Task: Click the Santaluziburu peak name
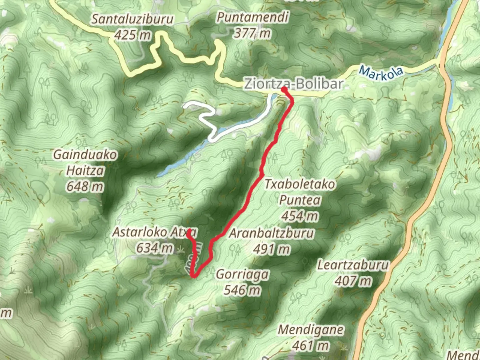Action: (x=132, y=19)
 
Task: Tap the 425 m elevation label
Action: (x=132, y=35)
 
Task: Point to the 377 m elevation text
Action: (x=252, y=33)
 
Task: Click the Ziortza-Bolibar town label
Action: (x=293, y=84)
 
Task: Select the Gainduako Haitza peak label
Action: (x=85, y=163)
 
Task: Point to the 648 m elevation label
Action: (x=85, y=186)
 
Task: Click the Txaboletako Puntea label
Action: (x=300, y=192)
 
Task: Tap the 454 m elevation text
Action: (x=300, y=216)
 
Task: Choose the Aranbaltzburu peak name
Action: (x=271, y=233)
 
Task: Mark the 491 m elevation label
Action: (x=271, y=249)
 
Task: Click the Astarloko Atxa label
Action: (x=154, y=232)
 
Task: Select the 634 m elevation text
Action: (x=154, y=248)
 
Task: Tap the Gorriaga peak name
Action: (x=242, y=274)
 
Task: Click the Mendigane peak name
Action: (x=311, y=330)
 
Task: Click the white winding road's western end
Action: (x=185, y=106)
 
